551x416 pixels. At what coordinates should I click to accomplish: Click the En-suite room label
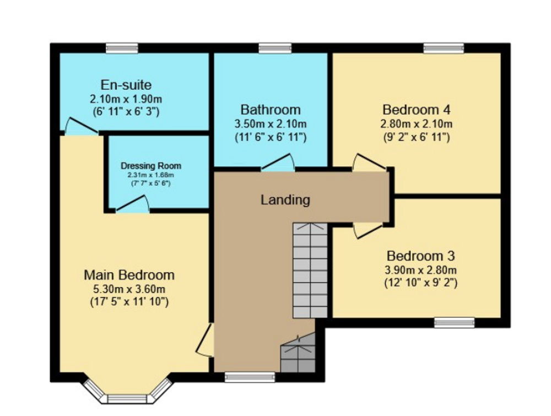pos(126,85)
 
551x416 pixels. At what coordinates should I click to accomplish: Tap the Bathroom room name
pos(270,110)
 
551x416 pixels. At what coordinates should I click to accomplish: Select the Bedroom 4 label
pos(416,110)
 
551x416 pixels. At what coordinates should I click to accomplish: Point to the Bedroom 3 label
pos(420,256)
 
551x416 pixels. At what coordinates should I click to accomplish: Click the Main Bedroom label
pos(129,275)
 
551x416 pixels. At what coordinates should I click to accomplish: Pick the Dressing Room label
pos(151,165)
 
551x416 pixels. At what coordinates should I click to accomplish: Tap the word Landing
pos(285,200)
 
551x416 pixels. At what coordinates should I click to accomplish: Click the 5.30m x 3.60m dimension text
pos(129,289)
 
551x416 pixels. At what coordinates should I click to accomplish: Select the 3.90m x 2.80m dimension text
pos(420,270)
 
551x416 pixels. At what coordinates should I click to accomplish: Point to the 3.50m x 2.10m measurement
pos(270,124)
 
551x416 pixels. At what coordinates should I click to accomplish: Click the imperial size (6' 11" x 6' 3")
pos(126,112)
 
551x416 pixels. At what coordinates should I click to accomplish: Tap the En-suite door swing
pos(80,126)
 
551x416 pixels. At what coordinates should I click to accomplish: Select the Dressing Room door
pos(132,204)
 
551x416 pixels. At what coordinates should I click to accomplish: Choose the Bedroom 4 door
pos(369,163)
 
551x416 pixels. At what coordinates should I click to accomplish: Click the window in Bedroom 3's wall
pos(454,322)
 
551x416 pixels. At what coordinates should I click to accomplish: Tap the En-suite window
pos(122,48)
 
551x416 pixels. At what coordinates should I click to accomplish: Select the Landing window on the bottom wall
pos(250,377)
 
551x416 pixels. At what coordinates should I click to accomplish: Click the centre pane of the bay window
pos(127,399)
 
